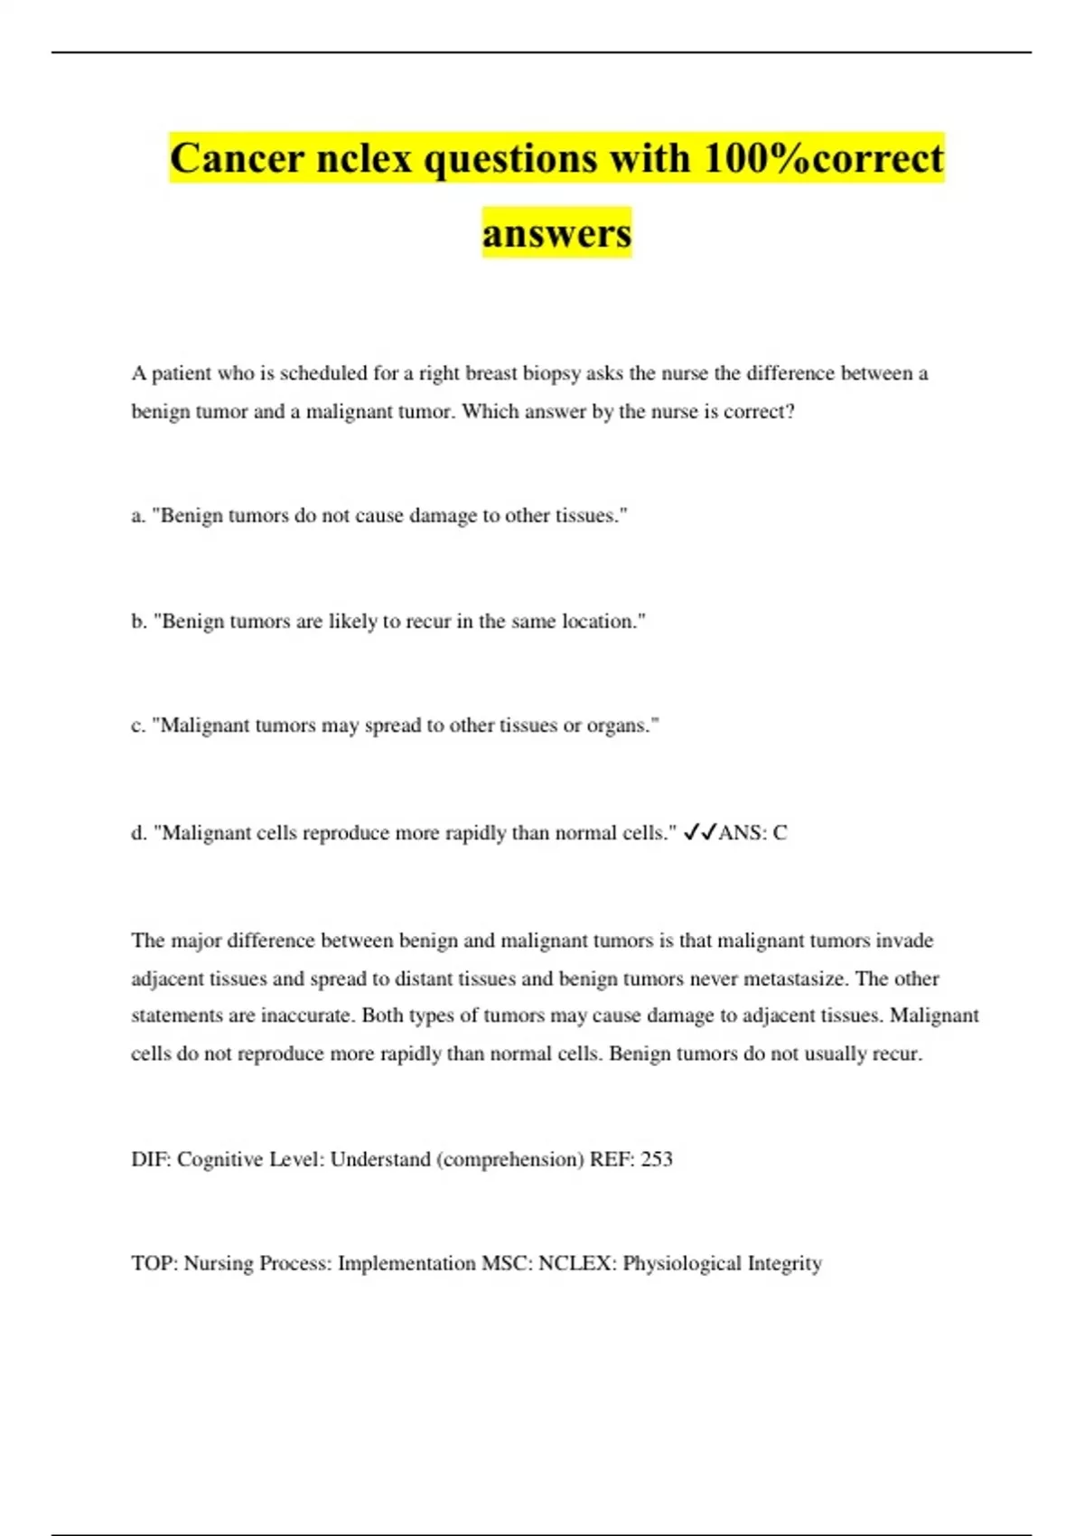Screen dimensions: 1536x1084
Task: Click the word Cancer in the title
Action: click(x=237, y=159)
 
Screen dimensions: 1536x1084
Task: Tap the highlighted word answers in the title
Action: click(x=556, y=233)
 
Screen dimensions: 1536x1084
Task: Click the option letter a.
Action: click(x=137, y=516)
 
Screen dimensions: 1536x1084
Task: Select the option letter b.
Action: click(x=137, y=622)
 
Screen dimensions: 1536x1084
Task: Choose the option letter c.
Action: click(x=137, y=726)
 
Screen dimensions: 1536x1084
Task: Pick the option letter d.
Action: click(x=137, y=833)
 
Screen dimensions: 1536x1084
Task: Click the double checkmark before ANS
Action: click(x=700, y=832)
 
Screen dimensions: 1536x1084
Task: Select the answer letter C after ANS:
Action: click(x=780, y=833)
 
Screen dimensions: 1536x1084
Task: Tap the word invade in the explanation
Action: click(x=904, y=941)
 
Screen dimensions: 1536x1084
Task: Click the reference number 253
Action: click(x=657, y=1159)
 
